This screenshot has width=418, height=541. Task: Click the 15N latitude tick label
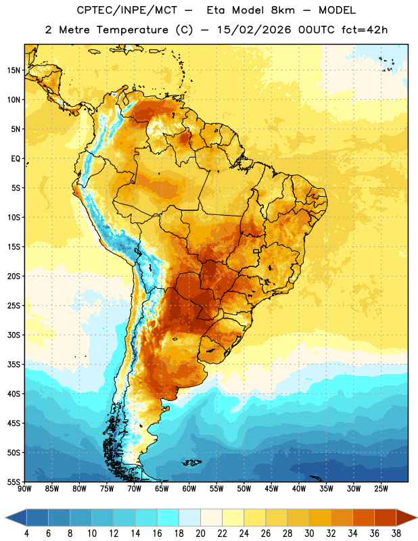tap(14, 70)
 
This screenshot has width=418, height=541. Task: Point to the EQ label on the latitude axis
tap(16, 159)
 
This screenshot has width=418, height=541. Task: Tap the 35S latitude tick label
tap(14, 364)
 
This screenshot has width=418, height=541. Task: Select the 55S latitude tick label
tap(14, 481)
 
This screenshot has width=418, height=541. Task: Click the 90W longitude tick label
tap(24, 488)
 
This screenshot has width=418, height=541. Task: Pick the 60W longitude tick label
tap(189, 488)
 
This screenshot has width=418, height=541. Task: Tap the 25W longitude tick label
tap(381, 488)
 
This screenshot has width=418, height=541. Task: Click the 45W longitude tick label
tap(271, 488)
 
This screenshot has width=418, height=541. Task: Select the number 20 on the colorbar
tap(200, 534)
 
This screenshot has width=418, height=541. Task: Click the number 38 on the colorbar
tap(396, 534)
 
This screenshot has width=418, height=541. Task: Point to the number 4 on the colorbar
tap(26, 534)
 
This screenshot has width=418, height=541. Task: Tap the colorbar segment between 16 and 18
tap(168, 517)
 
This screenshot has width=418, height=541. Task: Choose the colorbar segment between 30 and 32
tap(321, 517)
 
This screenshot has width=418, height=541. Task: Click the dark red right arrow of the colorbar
tap(407, 517)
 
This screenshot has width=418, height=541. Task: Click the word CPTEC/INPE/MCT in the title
tap(126, 10)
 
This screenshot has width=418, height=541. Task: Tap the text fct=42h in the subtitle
tap(365, 30)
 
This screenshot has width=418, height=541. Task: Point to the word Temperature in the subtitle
tap(132, 30)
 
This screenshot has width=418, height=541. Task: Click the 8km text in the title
tap(283, 10)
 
